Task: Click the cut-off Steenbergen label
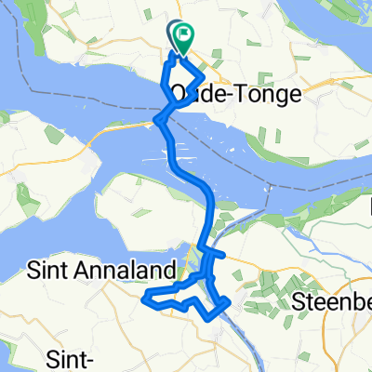pyautogui.click(x=331, y=300)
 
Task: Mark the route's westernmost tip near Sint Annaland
pyautogui.click(x=144, y=299)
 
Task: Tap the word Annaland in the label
pyautogui.click(x=136, y=270)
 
